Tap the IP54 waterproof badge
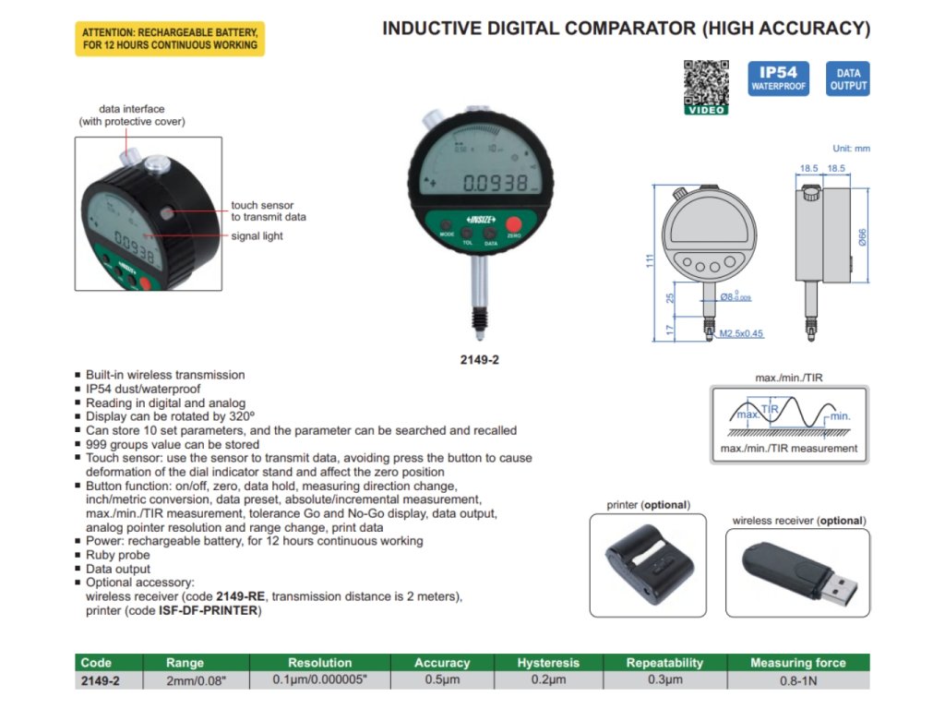(x=778, y=79)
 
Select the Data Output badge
(x=848, y=79)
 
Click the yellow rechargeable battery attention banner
(x=170, y=38)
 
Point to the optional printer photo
(x=647, y=564)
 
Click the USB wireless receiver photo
(x=797, y=573)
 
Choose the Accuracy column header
(x=442, y=663)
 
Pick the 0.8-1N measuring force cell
(x=798, y=681)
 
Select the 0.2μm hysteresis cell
(x=548, y=680)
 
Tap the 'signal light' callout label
(x=257, y=236)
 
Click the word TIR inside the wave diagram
(x=771, y=408)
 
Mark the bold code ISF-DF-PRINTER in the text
(x=209, y=610)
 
